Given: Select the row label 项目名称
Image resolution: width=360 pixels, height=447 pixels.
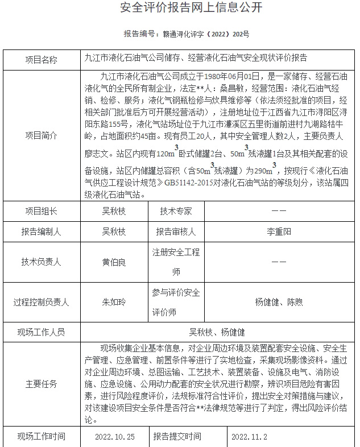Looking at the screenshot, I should [x=42, y=59].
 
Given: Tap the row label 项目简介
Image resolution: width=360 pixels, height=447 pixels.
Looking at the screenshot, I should [x=42, y=135].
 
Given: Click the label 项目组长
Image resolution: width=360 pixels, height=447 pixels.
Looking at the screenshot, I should [x=42, y=211].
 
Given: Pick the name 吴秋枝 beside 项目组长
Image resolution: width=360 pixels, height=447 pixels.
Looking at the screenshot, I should [x=114, y=211].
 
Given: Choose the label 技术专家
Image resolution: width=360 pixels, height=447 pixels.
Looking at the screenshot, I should [x=176, y=211].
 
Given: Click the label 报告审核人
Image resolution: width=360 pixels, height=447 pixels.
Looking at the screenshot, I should [x=176, y=231].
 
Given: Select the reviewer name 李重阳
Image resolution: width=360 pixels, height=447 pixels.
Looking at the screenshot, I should [x=279, y=231].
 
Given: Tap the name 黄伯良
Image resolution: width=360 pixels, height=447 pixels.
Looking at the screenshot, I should [x=114, y=262].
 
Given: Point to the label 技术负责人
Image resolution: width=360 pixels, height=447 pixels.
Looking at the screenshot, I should [x=42, y=262].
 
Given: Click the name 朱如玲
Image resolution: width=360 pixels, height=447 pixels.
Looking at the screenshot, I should [x=114, y=303].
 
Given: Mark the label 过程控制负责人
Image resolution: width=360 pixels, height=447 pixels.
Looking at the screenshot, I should [x=42, y=303].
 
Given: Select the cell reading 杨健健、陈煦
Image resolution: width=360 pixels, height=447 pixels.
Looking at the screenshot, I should [x=279, y=303].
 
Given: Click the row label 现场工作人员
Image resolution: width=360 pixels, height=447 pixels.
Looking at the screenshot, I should [x=42, y=332].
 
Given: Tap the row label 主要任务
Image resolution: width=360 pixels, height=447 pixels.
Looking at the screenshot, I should [x=42, y=384].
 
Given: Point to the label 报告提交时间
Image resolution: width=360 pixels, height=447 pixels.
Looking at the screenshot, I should [x=177, y=437].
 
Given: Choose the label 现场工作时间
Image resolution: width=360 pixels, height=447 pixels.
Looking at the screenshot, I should [x=42, y=437].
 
